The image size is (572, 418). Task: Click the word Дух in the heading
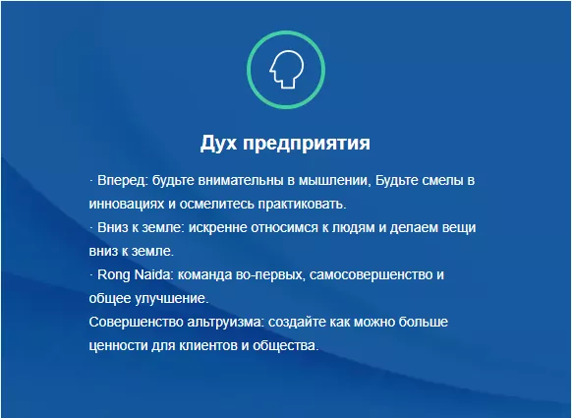click(217, 143)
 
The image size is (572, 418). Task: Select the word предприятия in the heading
click(307, 144)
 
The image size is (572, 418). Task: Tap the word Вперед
click(122, 180)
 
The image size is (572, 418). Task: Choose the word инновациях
click(126, 204)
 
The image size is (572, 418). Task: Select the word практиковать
click(302, 204)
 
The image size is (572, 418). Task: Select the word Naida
click(152, 274)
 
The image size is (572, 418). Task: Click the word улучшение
click(172, 299)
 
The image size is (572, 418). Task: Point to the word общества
click(286, 346)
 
